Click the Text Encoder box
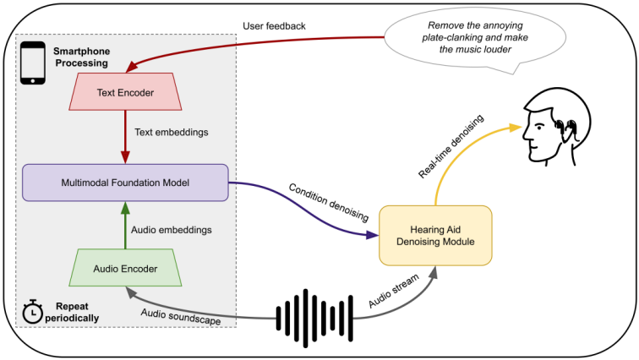coord(125,92)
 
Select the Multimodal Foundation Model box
coord(125,182)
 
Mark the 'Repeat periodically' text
coord(73,311)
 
